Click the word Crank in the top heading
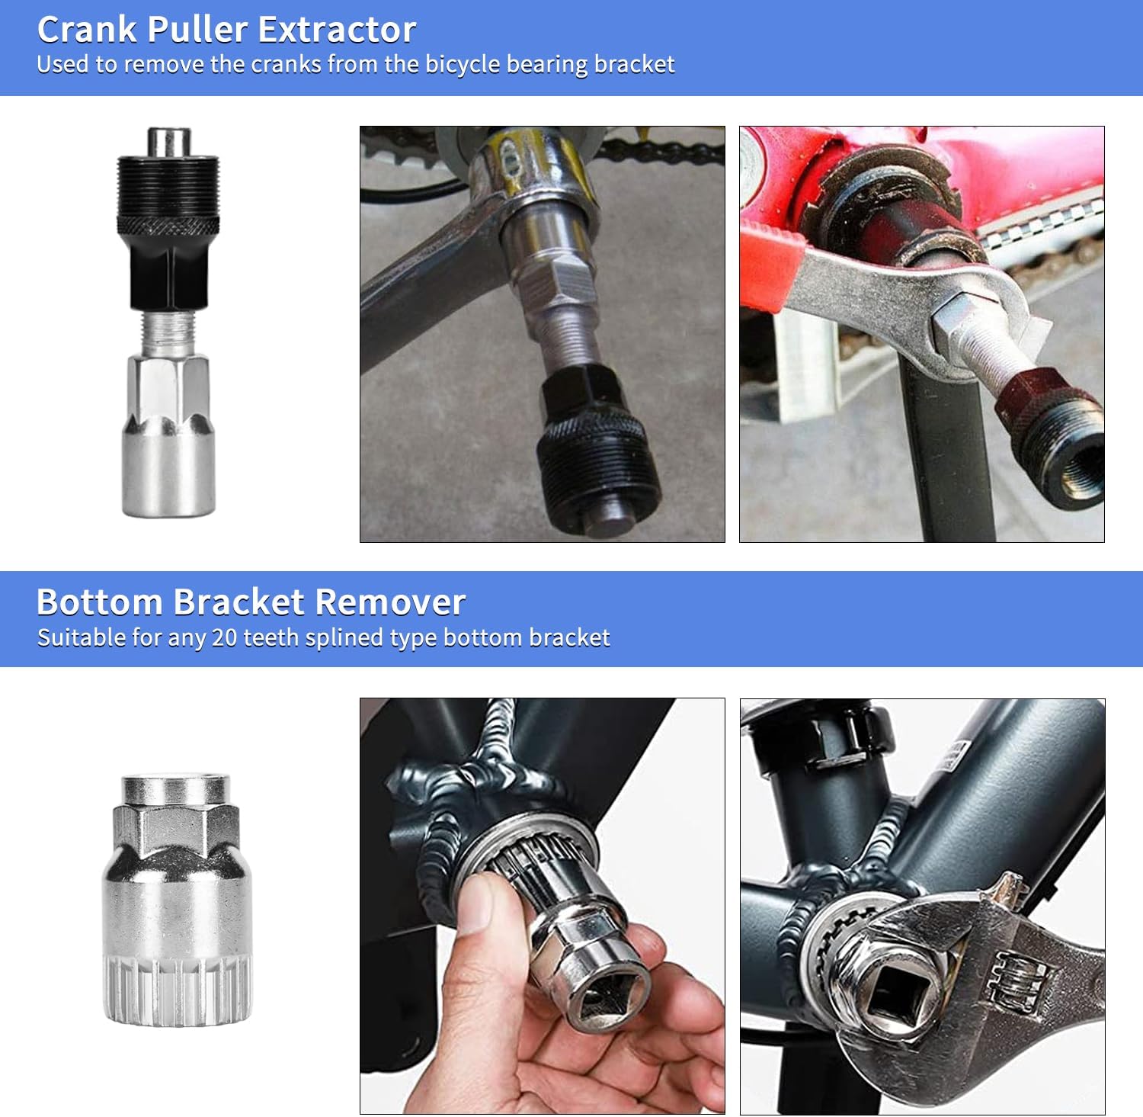[x=88, y=30]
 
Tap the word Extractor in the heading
[x=337, y=30]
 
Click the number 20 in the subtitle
[x=224, y=637]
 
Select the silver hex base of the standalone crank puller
[x=168, y=442]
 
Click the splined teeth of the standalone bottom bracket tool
[x=177, y=991]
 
